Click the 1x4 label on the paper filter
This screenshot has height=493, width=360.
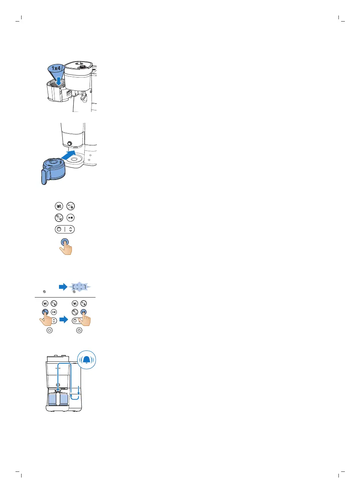click(x=56, y=68)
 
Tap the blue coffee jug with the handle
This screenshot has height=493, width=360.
click(x=53, y=169)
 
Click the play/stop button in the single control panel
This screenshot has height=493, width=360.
click(x=71, y=218)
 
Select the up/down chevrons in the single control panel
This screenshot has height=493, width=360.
click(x=71, y=229)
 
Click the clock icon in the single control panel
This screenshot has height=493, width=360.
click(x=59, y=229)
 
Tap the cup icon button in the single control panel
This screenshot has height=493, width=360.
click(x=59, y=206)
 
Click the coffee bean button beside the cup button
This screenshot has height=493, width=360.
click(x=71, y=206)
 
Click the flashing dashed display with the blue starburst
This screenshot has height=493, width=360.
click(x=79, y=287)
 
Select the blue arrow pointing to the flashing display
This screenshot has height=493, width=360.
click(x=63, y=287)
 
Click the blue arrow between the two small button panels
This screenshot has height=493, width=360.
click(x=64, y=320)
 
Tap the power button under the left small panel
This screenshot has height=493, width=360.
click(x=50, y=330)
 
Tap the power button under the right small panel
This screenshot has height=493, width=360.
click(x=79, y=330)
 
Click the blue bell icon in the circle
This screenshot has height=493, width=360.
click(x=87, y=360)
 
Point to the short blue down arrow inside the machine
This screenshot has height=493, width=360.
click(x=78, y=390)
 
